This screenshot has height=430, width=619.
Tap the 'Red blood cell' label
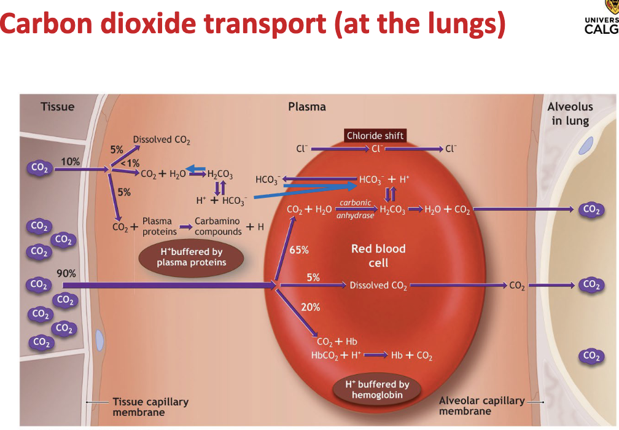[378, 256]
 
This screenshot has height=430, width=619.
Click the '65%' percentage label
[299, 250]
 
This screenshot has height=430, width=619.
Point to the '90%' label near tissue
[66, 273]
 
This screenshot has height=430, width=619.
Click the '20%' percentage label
[310, 307]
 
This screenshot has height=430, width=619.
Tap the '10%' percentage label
[69, 161]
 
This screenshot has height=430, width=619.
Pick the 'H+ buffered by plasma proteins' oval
[191, 257]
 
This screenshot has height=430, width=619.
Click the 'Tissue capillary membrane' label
[150, 407]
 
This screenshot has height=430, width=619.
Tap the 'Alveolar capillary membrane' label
[482, 405]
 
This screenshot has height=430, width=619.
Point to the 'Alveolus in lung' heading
[570, 114]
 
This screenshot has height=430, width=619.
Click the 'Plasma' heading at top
[307, 107]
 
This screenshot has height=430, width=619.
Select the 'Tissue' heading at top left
[57, 107]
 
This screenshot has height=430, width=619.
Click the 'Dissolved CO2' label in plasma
[162, 140]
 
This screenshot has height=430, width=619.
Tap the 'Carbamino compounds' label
[218, 226]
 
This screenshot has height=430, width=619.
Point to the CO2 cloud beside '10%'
[39, 168]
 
